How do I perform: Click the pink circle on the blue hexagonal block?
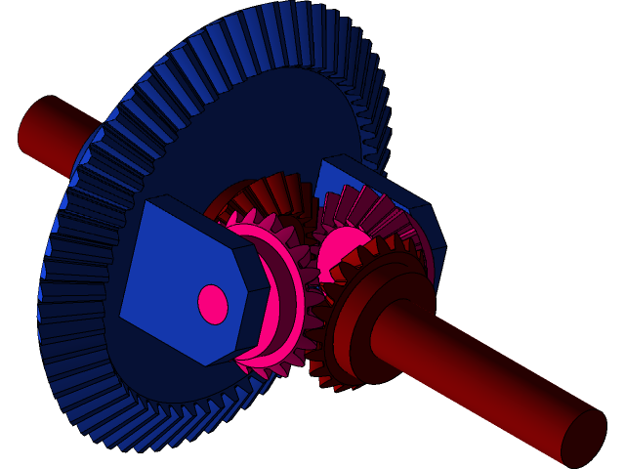coord(213,304)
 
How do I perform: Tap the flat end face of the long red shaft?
coord(583,437)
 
